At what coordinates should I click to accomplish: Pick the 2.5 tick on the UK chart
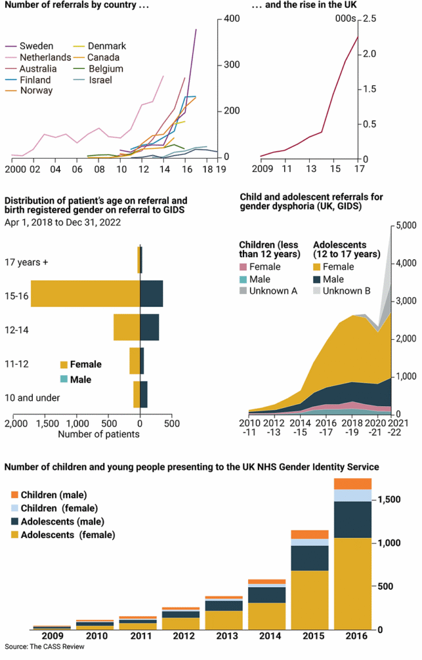coord(368,19)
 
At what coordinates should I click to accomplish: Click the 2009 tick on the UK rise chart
coord(262,170)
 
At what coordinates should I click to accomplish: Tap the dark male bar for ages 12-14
coord(149,327)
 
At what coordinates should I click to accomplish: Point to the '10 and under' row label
coord(32,398)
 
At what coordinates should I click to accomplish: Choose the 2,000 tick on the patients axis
coord(15,424)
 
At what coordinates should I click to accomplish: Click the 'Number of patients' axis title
coord(99,434)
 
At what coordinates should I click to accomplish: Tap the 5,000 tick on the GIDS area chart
coord(407,226)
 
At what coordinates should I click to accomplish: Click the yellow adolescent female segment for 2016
coord(352,583)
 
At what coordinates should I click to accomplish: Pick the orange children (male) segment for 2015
coord(310,534)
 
